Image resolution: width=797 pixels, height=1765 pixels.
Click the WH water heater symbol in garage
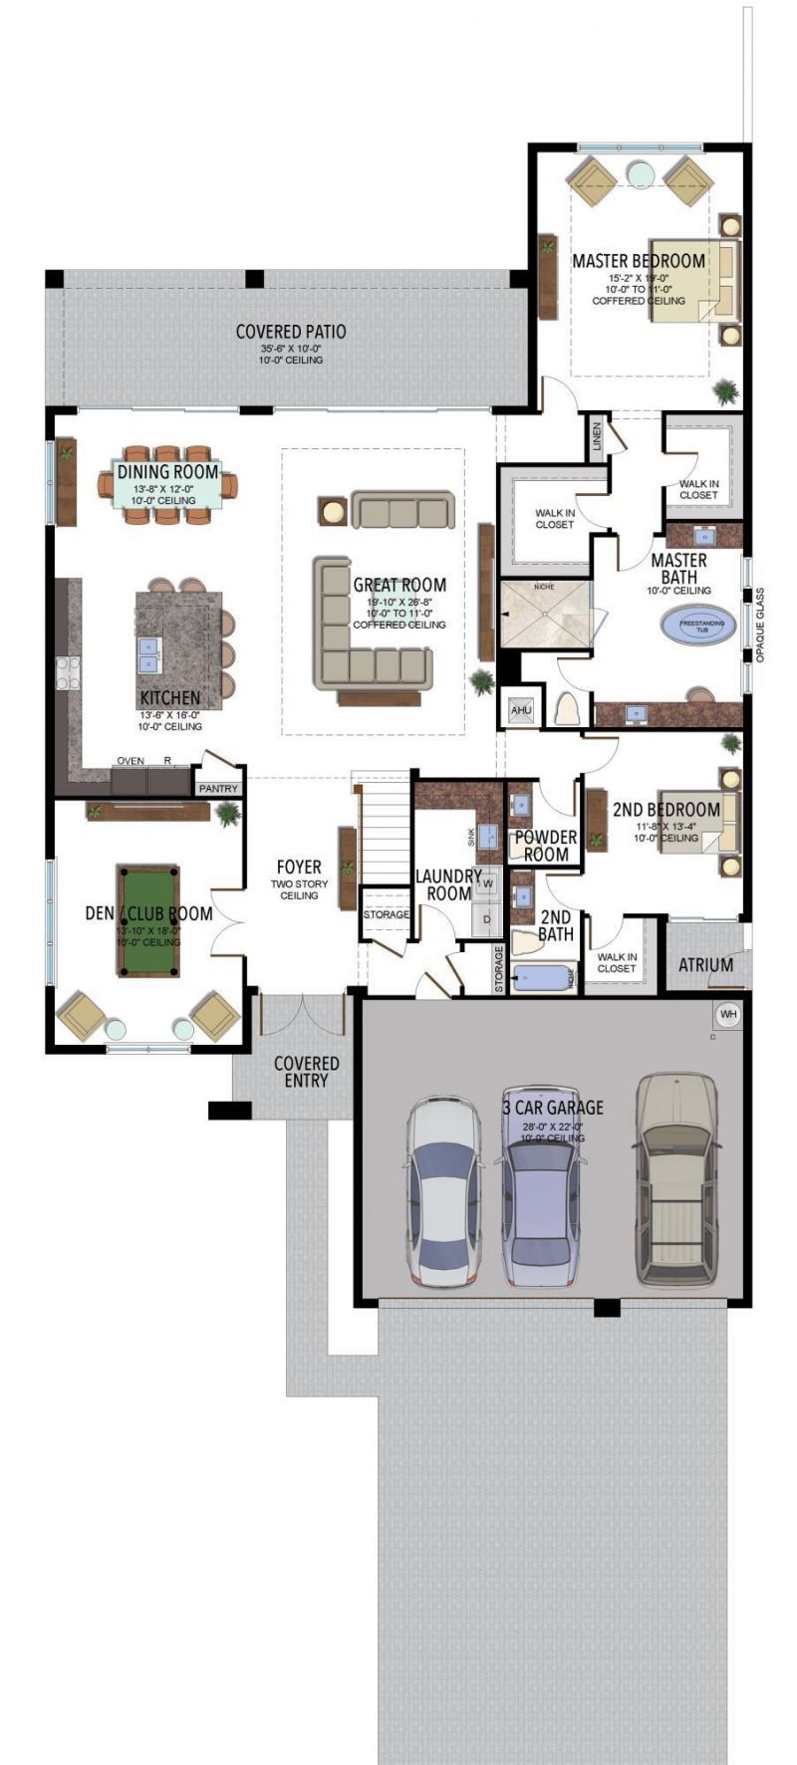728,1014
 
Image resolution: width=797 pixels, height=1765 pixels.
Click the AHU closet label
520,710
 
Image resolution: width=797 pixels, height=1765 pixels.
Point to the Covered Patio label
291,332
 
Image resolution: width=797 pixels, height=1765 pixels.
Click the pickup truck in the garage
677,1180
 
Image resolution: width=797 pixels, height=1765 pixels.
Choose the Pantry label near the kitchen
218,788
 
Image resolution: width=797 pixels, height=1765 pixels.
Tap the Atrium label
705,964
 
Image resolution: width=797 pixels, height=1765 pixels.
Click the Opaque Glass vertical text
760,626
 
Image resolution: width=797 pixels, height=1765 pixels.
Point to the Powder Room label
545,846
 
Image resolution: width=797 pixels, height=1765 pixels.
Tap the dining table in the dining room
167,485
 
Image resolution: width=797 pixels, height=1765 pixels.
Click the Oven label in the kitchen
131,761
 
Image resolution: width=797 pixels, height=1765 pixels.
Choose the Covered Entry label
306,1072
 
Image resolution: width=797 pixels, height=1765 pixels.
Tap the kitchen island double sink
148,654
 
